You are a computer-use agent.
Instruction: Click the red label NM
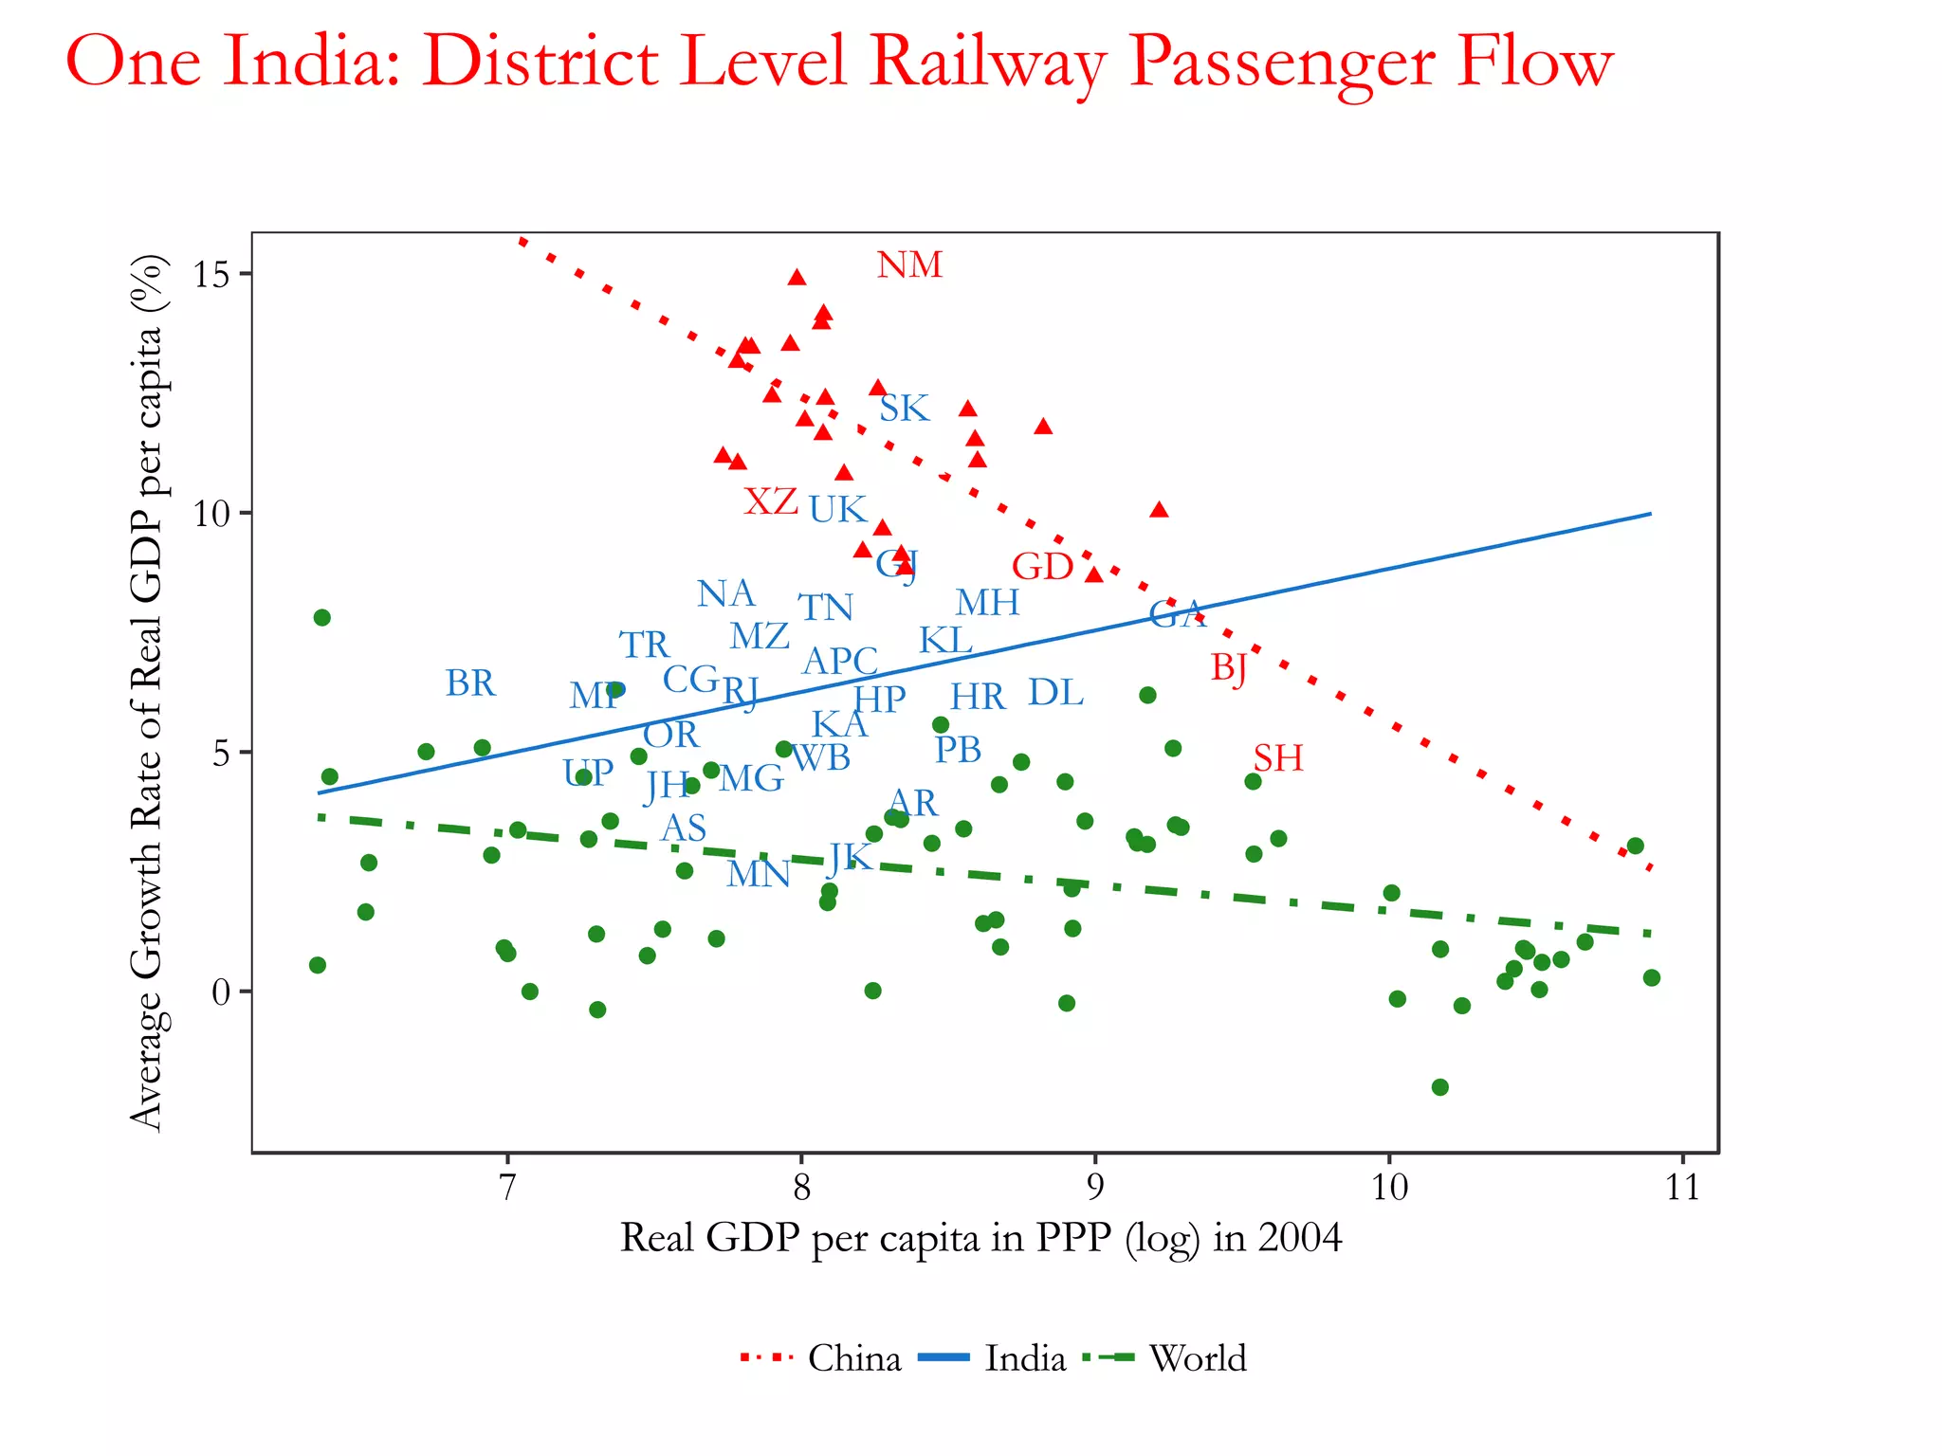[x=909, y=265]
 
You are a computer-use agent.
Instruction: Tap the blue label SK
[x=904, y=409]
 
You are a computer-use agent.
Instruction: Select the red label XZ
[x=771, y=501]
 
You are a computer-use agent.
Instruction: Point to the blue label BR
[x=470, y=683]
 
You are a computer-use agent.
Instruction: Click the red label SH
[x=1278, y=758]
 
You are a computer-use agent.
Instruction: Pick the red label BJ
[x=1229, y=668]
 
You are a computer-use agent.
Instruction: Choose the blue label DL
[x=1055, y=693]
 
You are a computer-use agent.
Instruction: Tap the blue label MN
[x=759, y=874]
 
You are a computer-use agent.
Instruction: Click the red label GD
[x=1042, y=567]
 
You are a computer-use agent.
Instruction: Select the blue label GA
[x=1176, y=614]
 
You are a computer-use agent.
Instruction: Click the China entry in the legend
[x=853, y=1358]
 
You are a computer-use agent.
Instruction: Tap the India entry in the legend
[x=1025, y=1358]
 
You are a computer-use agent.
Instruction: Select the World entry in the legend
[x=1198, y=1358]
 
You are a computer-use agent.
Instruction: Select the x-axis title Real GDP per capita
[x=980, y=1238]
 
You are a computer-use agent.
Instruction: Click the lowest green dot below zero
[x=1439, y=1087]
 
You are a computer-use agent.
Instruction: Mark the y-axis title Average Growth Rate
[x=147, y=692]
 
